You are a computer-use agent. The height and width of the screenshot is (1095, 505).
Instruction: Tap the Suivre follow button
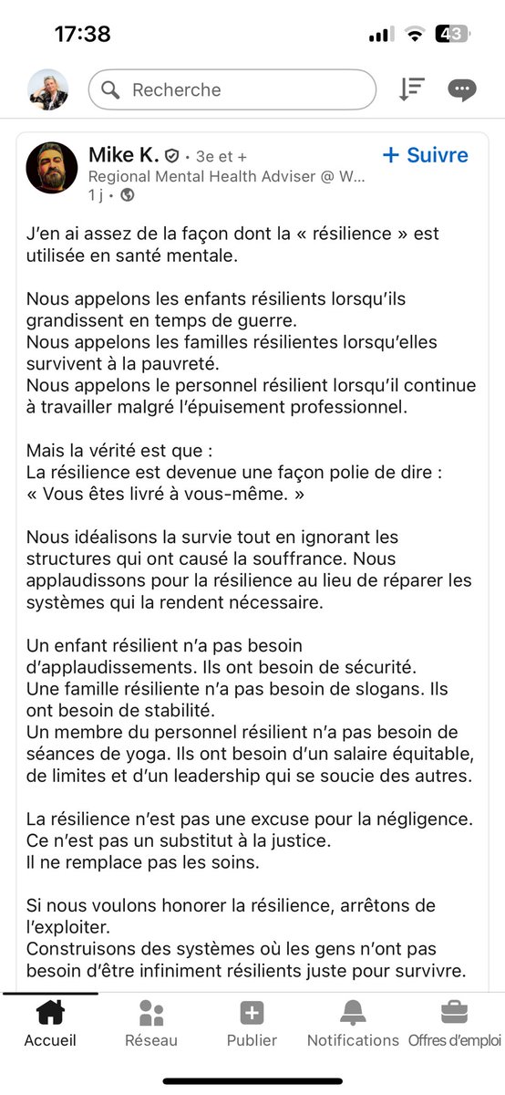click(x=426, y=155)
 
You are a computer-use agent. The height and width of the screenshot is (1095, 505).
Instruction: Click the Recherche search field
click(x=232, y=90)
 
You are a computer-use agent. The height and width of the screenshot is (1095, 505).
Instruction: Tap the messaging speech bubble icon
click(x=461, y=89)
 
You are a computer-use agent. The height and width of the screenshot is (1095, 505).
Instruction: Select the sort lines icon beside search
click(x=412, y=89)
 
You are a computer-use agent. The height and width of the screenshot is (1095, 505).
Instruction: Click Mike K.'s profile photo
click(x=52, y=168)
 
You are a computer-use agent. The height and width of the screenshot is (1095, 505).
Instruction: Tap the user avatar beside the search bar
click(x=48, y=89)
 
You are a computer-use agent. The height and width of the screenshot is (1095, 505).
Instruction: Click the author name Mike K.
click(x=124, y=155)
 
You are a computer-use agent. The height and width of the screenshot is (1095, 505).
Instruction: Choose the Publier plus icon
click(x=252, y=1013)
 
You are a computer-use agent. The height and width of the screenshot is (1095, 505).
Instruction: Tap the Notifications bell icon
click(x=353, y=1013)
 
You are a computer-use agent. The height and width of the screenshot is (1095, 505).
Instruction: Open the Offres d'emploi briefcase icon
click(x=454, y=1013)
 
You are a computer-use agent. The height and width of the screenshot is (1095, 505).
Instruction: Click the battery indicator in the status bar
click(x=453, y=34)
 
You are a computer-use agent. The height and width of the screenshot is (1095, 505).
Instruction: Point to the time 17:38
click(x=82, y=35)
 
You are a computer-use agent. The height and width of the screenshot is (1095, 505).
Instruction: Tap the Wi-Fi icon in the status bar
click(x=415, y=34)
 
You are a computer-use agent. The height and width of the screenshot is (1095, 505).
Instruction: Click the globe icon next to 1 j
click(x=128, y=194)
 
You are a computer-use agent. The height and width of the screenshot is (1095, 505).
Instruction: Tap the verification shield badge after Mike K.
click(x=171, y=156)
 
